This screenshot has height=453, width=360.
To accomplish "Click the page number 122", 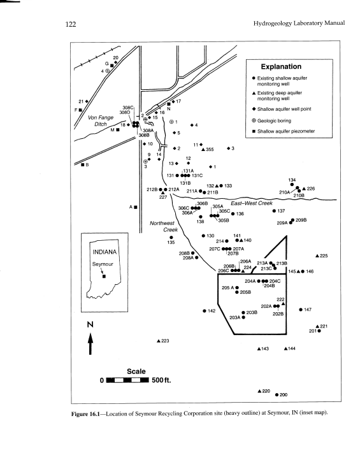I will tap(71, 24).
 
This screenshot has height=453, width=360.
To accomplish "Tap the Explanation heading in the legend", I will tap(280, 66).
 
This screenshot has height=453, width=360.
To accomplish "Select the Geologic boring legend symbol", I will tap(254, 120).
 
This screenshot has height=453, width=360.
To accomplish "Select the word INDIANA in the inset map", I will tap(103, 252).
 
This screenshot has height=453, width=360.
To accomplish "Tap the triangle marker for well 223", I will tap(158, 342).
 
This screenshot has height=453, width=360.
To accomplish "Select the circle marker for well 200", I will tap(277, 395).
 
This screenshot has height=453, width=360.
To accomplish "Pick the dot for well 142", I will tap(204, 311).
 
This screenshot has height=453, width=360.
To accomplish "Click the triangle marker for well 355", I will tap(203, 150).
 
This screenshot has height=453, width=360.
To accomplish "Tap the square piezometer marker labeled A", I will tap(136, 207).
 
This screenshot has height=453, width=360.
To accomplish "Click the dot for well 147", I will tap(300, 310).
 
